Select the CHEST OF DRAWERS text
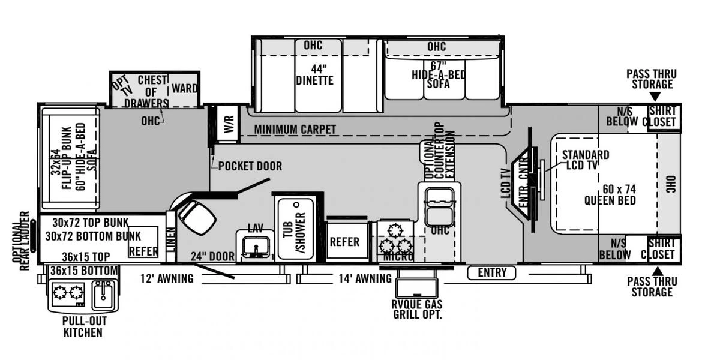pyautogui.click(x=152, y=91)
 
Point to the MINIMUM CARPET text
pyautogui.click(x=295, y=130)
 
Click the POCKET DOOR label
pyautogui.click(x=250, y=166)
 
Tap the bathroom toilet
pyautogui.click(x=196, y=217)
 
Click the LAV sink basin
pyautogui.click(x=255, y=246)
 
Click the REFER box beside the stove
pyautogui.click(x=344, y=242)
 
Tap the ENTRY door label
pyautogui.click(x=492, y=273)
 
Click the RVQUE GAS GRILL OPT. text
pyautogui.click(x=417, y=309)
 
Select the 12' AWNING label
pyautogui.click(x=167, y=278)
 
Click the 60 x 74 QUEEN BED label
pyautogui.click(x=610, y=194)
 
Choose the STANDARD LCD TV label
pyautogui.click(x=585, y=160)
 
